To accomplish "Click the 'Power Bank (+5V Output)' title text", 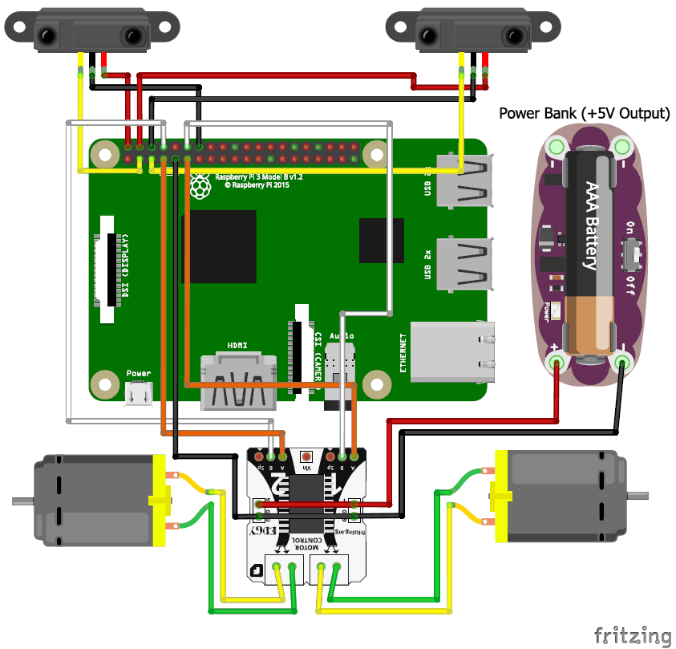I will click(x=584, y=113).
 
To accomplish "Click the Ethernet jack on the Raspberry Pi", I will click(x=454, y=351).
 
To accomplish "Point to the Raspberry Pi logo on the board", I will click(x=200, y=186).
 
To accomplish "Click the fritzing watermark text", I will click(x=632, y=635).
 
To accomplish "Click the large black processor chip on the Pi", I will click(x=219, y=246).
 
